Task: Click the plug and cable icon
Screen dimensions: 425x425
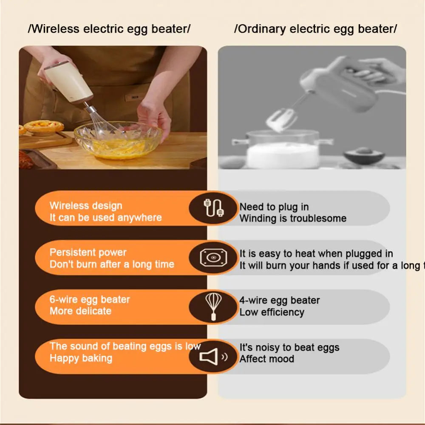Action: click(x=213, y=208)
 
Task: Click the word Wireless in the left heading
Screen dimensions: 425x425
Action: click(x=56, y=29)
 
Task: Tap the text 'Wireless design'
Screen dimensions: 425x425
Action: click(x=85, y=206)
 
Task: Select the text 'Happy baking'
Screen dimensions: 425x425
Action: click(x=81, y=358)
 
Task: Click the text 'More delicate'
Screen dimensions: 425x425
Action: click(x=80, y=311)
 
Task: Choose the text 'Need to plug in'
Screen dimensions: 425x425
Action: click(x=274, y=207)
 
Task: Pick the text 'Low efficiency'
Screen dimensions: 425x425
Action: click(x=272, y=312)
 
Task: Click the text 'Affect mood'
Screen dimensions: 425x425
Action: click(x=266, y=359)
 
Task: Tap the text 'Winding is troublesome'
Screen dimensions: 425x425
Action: click(x=293, y=218)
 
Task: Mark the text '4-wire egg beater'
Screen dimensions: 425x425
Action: click(x=279, y=300)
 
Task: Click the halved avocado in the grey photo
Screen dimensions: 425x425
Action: click(x=364, y=155)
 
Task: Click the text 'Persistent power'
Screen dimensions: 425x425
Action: click(x=88, y=252)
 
